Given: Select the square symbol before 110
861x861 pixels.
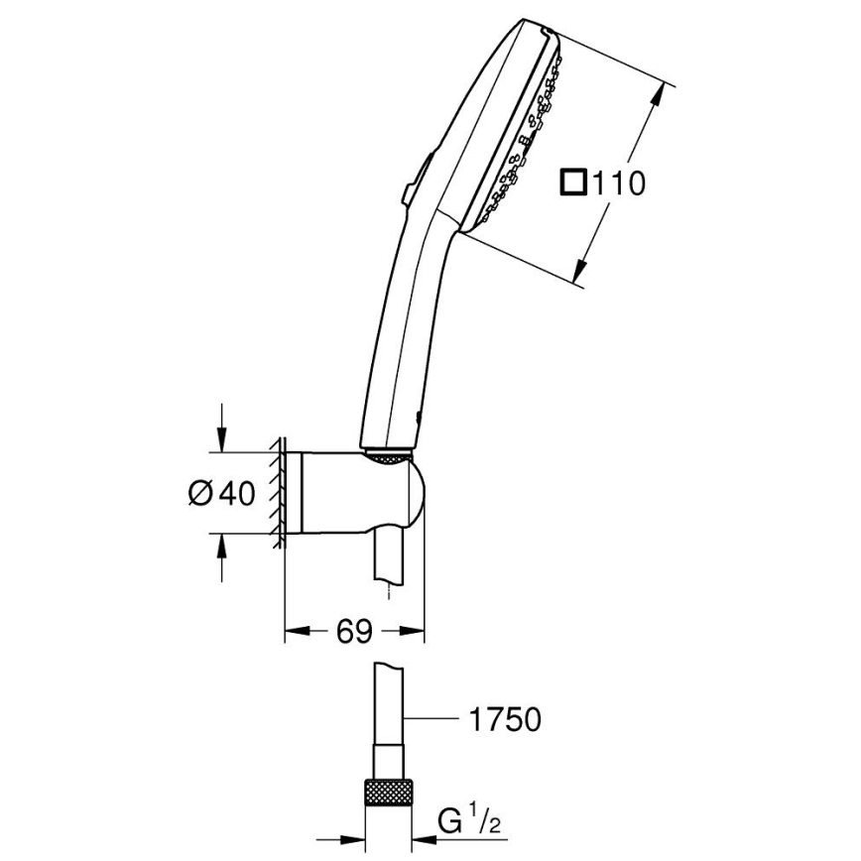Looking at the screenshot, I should (573, 183).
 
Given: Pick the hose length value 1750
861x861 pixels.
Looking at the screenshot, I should (504, 719).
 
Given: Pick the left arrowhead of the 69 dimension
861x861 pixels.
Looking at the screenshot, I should (294, 630).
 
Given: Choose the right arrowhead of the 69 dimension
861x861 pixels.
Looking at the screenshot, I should (417, 630).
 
